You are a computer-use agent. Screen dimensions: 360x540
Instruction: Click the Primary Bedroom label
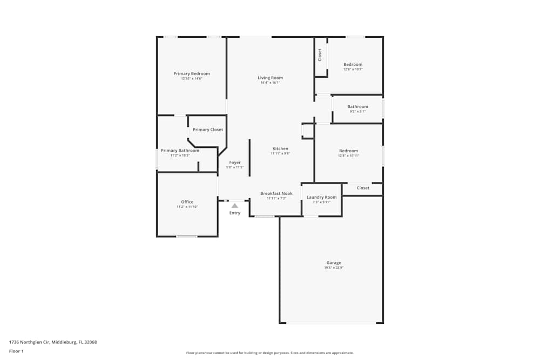[191, 73]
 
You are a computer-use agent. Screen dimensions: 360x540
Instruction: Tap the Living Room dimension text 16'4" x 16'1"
[270, 83]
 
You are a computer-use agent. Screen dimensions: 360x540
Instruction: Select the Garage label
[334, 263]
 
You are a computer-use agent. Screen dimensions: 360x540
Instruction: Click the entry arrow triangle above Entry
[234, 205]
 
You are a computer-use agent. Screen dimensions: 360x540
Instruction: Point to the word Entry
[234, 213]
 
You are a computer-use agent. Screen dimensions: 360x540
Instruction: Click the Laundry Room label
[321, 197]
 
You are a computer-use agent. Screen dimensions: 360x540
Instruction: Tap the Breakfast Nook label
[276, 193]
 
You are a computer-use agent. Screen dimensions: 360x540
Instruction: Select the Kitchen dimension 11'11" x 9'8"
[280, 153]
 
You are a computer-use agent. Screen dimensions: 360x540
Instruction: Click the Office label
[187, 202]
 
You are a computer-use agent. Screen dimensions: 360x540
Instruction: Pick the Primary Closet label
[207, 130]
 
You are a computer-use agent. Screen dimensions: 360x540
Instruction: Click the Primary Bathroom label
[180, 151]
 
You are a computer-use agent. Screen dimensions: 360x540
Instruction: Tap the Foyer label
[235, 162]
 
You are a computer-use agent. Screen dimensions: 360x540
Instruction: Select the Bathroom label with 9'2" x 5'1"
[357, 106]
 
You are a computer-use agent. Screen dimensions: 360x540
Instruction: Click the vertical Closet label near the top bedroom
[320, 55]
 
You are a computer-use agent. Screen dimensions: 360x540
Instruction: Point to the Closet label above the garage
[363, 188]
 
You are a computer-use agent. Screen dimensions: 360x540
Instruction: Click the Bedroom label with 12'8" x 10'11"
[348, 151]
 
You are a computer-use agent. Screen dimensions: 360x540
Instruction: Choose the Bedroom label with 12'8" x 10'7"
[353, 64]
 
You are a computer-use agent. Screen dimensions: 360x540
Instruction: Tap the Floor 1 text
[16, 351]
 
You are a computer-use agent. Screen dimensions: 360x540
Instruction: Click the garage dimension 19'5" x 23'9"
[334, 268]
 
